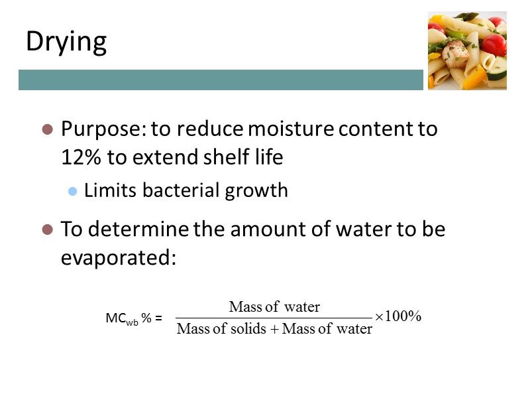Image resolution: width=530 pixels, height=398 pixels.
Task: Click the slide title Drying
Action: [x=66, y=42]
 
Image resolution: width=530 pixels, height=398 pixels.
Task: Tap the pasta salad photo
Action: [x=467, y=51]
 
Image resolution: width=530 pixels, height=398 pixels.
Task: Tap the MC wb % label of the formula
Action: [x=133, y=318]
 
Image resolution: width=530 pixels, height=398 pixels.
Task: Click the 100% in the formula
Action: [x=403, y=316]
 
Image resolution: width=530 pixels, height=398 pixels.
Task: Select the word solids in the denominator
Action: [x=248, y=328]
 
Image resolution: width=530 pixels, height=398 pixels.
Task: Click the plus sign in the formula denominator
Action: [x=275, y=329]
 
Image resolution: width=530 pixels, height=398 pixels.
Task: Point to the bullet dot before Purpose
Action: [x=47, y=129]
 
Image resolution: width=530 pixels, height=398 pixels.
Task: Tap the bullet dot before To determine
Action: [x=47, y=230]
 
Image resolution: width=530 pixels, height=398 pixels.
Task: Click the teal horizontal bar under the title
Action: [x=221, y=80]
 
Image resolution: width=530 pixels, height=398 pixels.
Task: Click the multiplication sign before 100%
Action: [x=379, y=317]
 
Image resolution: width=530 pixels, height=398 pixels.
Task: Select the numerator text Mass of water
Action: [x=274, y=306]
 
